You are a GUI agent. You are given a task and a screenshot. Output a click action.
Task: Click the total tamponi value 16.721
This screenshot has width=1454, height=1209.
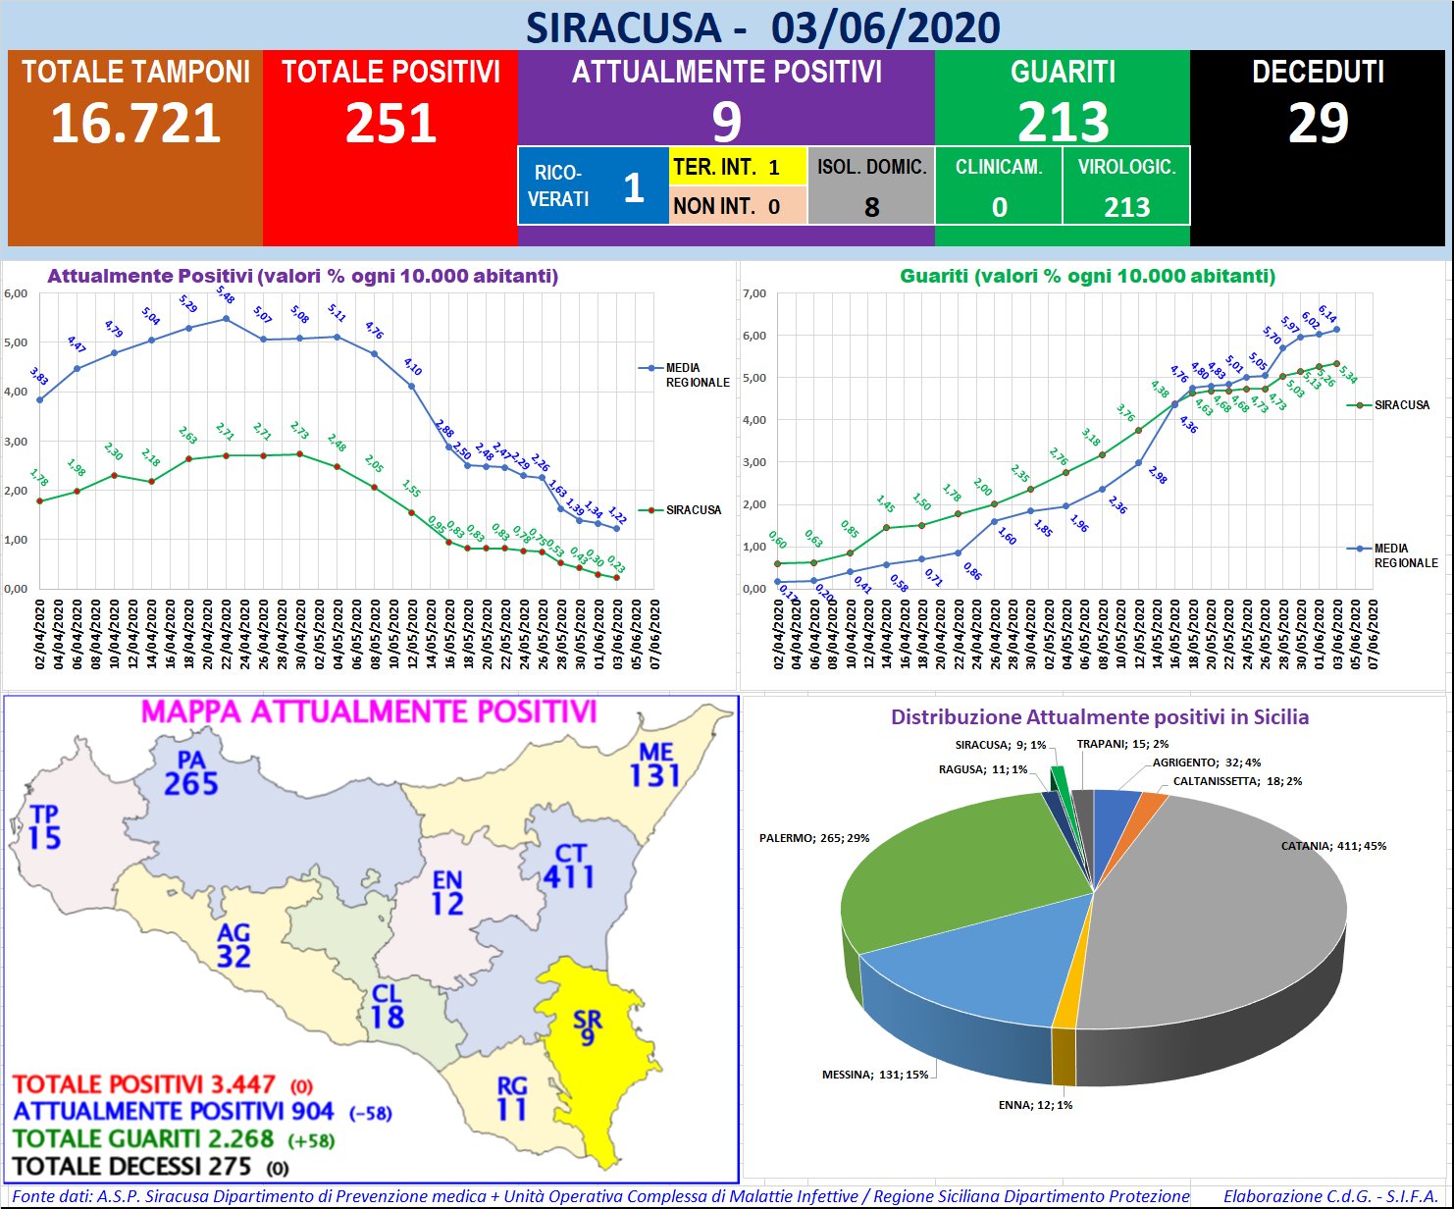(x=135, y=124)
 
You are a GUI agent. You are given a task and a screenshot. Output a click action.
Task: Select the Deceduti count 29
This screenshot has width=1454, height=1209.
(x=1318, y=124)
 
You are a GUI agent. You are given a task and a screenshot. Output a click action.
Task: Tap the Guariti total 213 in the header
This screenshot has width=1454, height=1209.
(x=1063, y=124)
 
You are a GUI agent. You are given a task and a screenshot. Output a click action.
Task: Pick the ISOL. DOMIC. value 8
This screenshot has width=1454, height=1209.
(x=871, y=207)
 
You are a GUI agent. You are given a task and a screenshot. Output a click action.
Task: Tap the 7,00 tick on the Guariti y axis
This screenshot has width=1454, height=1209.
(x=753, y=293)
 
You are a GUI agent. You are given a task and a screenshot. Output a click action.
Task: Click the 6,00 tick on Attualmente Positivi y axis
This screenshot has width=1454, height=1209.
(x=16, y=293)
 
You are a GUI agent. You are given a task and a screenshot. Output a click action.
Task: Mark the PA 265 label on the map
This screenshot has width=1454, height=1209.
(x=191, y=773)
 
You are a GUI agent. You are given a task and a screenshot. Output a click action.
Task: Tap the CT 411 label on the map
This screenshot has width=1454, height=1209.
(x=569, y=866)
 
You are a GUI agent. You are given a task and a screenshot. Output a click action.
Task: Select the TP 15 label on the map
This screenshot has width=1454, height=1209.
(x=44, y=827)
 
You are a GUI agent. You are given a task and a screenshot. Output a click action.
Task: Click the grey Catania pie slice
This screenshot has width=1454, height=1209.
(x=1226, y=922)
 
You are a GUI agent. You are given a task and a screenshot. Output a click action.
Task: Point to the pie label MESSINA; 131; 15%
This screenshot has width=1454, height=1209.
(x=875, y=1075)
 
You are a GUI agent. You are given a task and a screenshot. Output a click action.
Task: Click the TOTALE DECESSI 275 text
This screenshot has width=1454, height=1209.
(x=132, y=1167)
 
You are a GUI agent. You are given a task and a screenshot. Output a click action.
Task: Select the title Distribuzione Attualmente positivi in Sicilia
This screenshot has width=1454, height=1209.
(x=1099, y=717)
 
